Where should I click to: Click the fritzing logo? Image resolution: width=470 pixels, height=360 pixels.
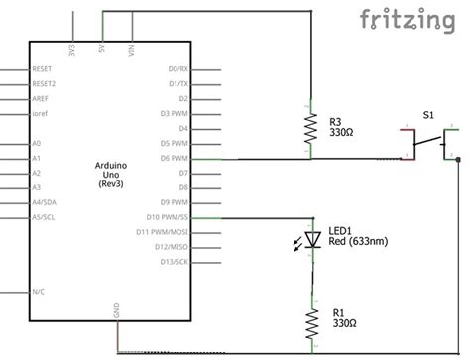(x=413, y=20)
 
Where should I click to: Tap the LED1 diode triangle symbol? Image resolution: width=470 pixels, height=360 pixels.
(x=311, y=239)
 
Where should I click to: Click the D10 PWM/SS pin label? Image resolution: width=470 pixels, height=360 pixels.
(x=168, y=217)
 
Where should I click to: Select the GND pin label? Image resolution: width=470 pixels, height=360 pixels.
(x=116, y=311)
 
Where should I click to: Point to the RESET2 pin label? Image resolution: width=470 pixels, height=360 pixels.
(x=45, y=85)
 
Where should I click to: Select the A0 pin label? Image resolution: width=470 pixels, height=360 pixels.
(x=37, y=143)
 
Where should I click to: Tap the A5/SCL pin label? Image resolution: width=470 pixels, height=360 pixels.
(x=44, y=217)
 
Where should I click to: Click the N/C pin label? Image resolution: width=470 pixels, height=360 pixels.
(x=38, y=292)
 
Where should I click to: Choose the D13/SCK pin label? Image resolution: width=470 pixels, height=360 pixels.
(x=172, y=261)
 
